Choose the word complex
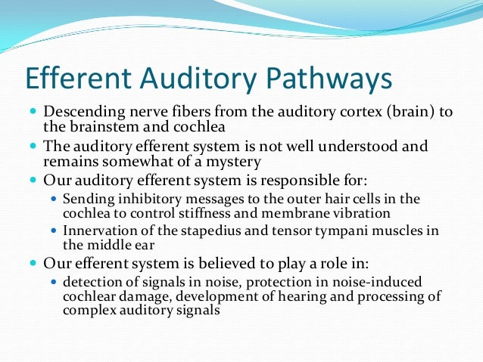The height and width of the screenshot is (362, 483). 88,310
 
